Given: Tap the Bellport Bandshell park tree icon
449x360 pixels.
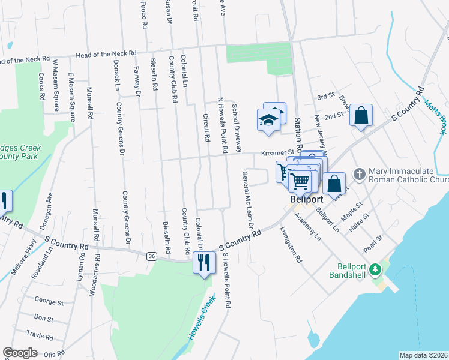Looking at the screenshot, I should pos(376,269).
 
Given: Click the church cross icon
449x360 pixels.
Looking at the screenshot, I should pos(359,174).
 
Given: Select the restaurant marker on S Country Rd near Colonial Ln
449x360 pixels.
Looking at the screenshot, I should pos(204,262).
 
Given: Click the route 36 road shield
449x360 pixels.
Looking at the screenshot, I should pos(152,256).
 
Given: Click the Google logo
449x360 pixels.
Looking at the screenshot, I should pos(20,352).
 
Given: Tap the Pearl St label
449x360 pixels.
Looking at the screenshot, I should pos(373,245).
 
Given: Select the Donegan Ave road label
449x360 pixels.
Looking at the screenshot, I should pos(50,208).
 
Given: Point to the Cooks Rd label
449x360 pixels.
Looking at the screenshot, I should pos(41,86).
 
